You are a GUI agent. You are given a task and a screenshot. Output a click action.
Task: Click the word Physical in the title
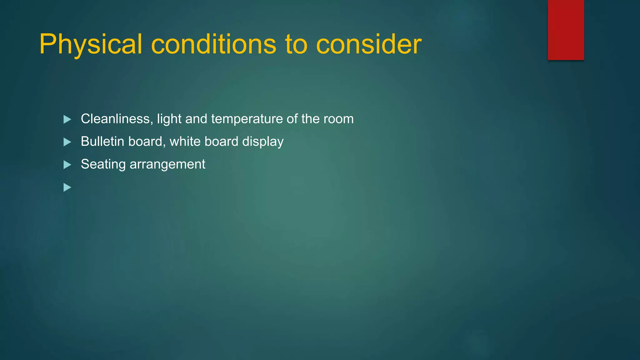pyautogui.click(x=91, y=44)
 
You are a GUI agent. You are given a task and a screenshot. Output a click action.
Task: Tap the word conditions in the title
pyautogui.click(x=213, y=44)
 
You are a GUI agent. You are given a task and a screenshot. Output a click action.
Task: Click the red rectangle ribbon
pyautogui.click(x=566, y=30)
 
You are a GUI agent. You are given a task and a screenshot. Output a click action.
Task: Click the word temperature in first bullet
pyautogui.click(x=247, y=119)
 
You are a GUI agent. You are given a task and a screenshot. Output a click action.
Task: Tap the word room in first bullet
pyautogui.click(x=338, y=119)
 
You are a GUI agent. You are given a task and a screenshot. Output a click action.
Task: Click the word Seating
pyautogui.click(x=103, y=164)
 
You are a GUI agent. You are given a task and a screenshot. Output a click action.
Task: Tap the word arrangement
pyautogui.click(x=167, y=164)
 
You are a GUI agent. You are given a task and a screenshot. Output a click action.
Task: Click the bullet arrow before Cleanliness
pyautogui.click(x=67, y=119)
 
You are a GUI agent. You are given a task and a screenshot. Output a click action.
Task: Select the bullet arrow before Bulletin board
pyautogui.click(x=67, y=142)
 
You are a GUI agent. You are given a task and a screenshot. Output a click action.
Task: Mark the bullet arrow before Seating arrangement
pyautogui.click(x=67, y=165)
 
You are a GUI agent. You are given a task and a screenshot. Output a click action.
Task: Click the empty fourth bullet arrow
pyautogui.click(x=67, y=187)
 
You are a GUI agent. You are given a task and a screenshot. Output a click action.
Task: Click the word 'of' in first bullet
pyautogui.click(x=292, y=119)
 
